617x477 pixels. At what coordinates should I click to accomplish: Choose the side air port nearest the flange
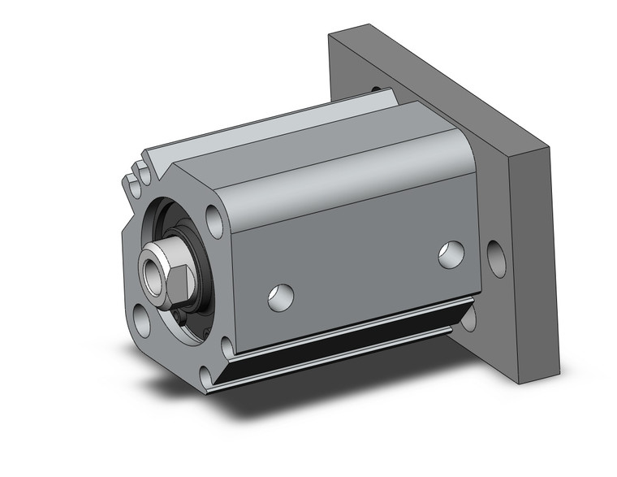pyautogui.click(x=451, y=254)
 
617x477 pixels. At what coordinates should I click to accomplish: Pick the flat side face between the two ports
pyautogui.click(x=365, y=260)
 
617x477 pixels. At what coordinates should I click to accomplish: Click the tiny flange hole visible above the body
pyautogui.click(x=376, y=89)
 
